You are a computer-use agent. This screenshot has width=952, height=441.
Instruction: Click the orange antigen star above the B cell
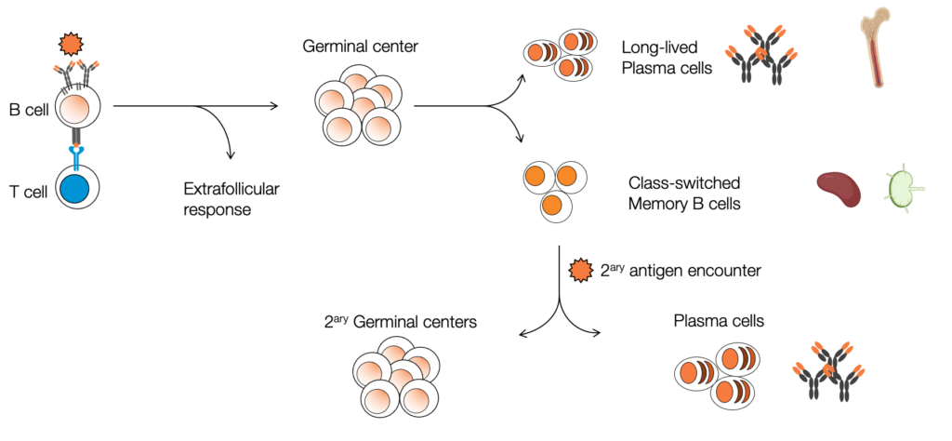(x=71, y=43)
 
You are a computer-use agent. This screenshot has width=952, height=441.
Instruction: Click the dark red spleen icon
(x=839, y=187)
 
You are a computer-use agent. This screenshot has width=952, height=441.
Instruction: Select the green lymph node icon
(x=899, y=189)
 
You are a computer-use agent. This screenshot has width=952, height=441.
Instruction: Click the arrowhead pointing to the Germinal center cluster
(x=274, y=106)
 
